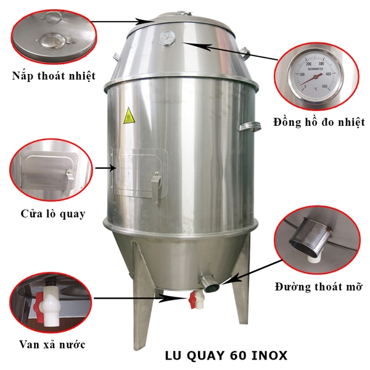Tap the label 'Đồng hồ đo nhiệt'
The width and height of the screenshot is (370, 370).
[319, 123]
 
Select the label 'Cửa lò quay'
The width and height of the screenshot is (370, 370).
[52, 214]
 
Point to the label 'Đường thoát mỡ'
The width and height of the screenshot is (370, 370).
[319, 287]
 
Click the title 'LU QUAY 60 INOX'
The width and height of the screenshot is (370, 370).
[226, 356]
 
